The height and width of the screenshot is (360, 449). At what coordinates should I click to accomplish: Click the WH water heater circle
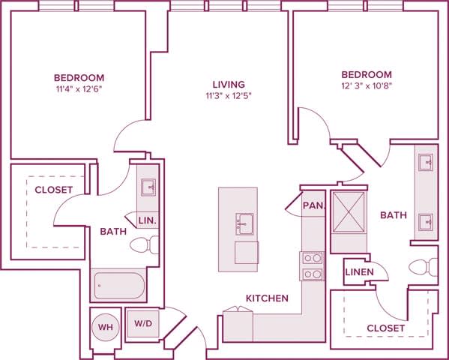[x=105, y=327]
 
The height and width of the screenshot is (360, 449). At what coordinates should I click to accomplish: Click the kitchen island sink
[x=244, y=223]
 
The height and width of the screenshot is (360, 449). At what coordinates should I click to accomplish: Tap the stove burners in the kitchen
[x=313, y=266]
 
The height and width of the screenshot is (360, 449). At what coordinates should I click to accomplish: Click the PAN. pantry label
[x=312, y=205]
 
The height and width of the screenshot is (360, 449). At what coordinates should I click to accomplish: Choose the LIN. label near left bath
[x=148, y=220]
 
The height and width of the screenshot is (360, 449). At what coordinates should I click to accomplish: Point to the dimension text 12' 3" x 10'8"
[x=367, y=87]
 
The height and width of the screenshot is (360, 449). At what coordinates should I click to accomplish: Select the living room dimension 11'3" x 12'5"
[x=229, y=96]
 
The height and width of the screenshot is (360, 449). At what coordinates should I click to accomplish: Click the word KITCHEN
[x=267, y=298]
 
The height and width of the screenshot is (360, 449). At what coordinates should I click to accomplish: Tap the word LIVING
[x=229, y=84]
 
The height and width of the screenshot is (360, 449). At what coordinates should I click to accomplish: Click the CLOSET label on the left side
[x=54, y=190]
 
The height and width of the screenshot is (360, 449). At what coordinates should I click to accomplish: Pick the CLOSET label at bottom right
[x=386, y=328]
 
